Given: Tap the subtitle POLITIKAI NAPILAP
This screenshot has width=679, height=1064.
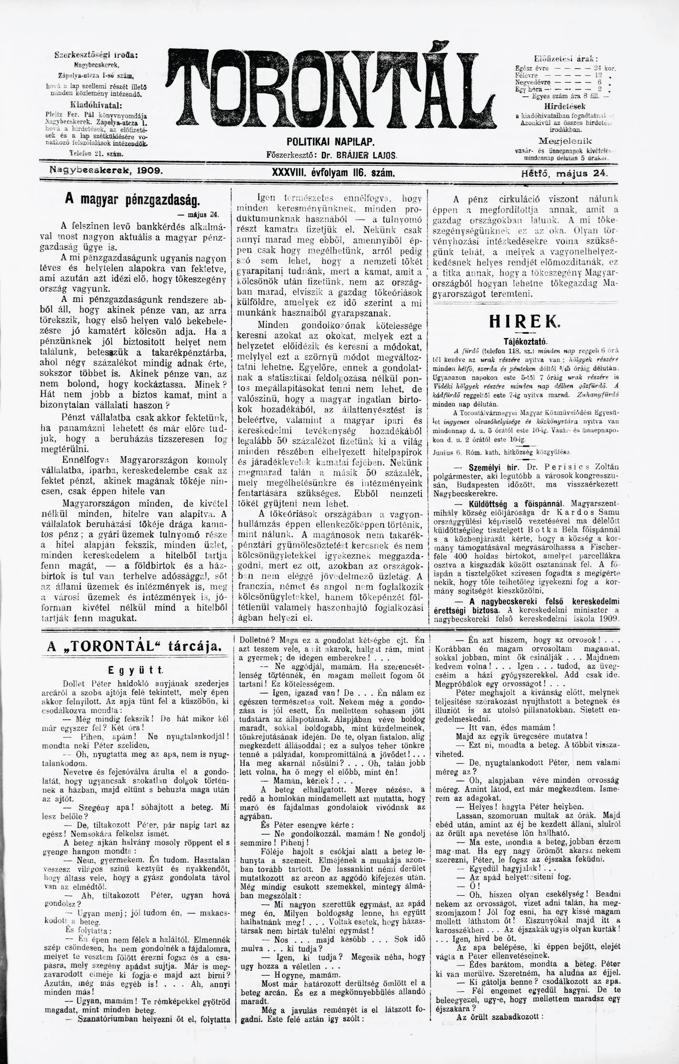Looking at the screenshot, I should pyautogui.click(x=331, y=142).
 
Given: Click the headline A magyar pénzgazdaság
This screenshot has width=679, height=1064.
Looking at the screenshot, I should pyautogui.click(x=132, y=200).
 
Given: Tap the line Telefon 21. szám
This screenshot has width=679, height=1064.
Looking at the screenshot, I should pyautogui.click(x=96, y=153).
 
